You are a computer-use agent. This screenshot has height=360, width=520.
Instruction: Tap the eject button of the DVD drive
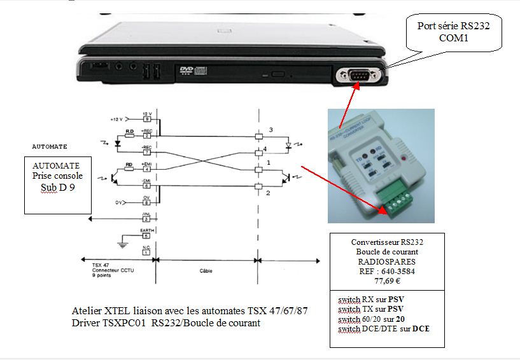278,76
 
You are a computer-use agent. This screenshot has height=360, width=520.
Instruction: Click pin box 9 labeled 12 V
146,118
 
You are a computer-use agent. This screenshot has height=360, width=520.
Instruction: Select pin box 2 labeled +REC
146,135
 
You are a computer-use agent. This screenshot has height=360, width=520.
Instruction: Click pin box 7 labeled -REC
146,153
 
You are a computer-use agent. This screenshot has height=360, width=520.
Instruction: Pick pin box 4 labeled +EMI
146,169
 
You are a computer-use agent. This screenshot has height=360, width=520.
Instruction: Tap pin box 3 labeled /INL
146,219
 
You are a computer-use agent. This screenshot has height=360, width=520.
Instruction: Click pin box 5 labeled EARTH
146,236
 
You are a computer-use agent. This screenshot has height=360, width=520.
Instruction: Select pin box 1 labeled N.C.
146,253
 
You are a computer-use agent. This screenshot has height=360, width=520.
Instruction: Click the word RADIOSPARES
387,260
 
